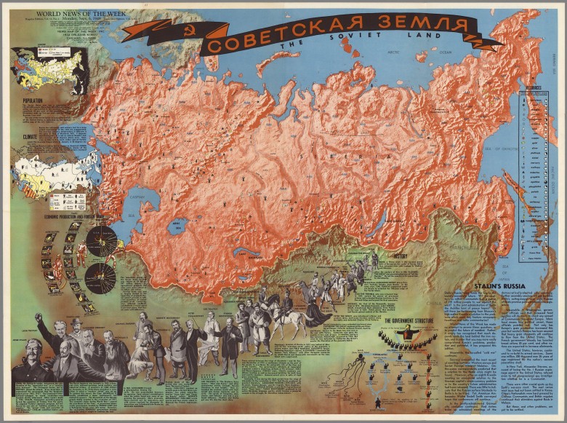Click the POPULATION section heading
coord(33,101)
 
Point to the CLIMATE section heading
coord(30,135)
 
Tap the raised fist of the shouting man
coord(39,318)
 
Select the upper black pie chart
coord(101,241)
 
